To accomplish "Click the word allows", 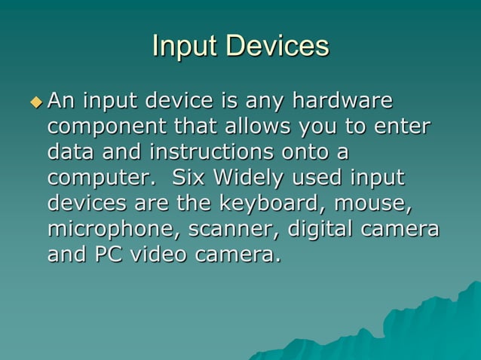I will [x=257, y=126].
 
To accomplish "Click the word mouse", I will [x=375, y=203].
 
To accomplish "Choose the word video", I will [x=160, y=255].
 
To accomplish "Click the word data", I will [x=71, y=151].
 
